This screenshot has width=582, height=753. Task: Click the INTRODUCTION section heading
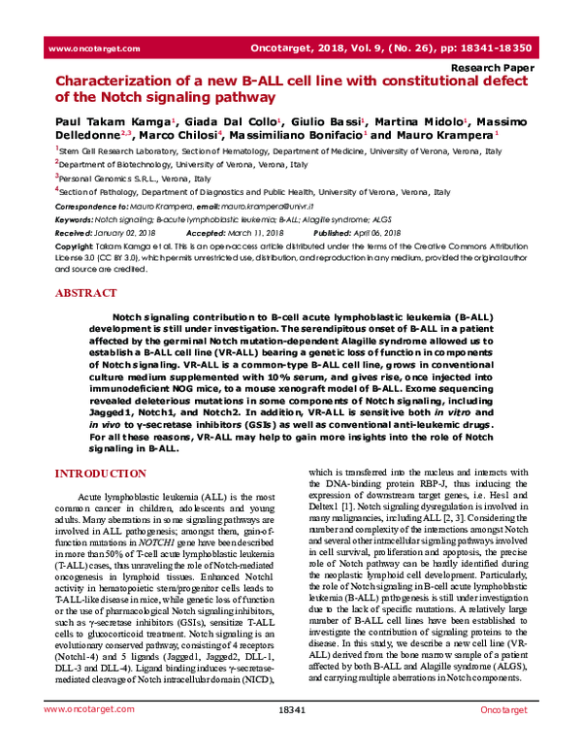pos(104,474)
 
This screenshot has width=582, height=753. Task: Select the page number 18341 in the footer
pos(291,738)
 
